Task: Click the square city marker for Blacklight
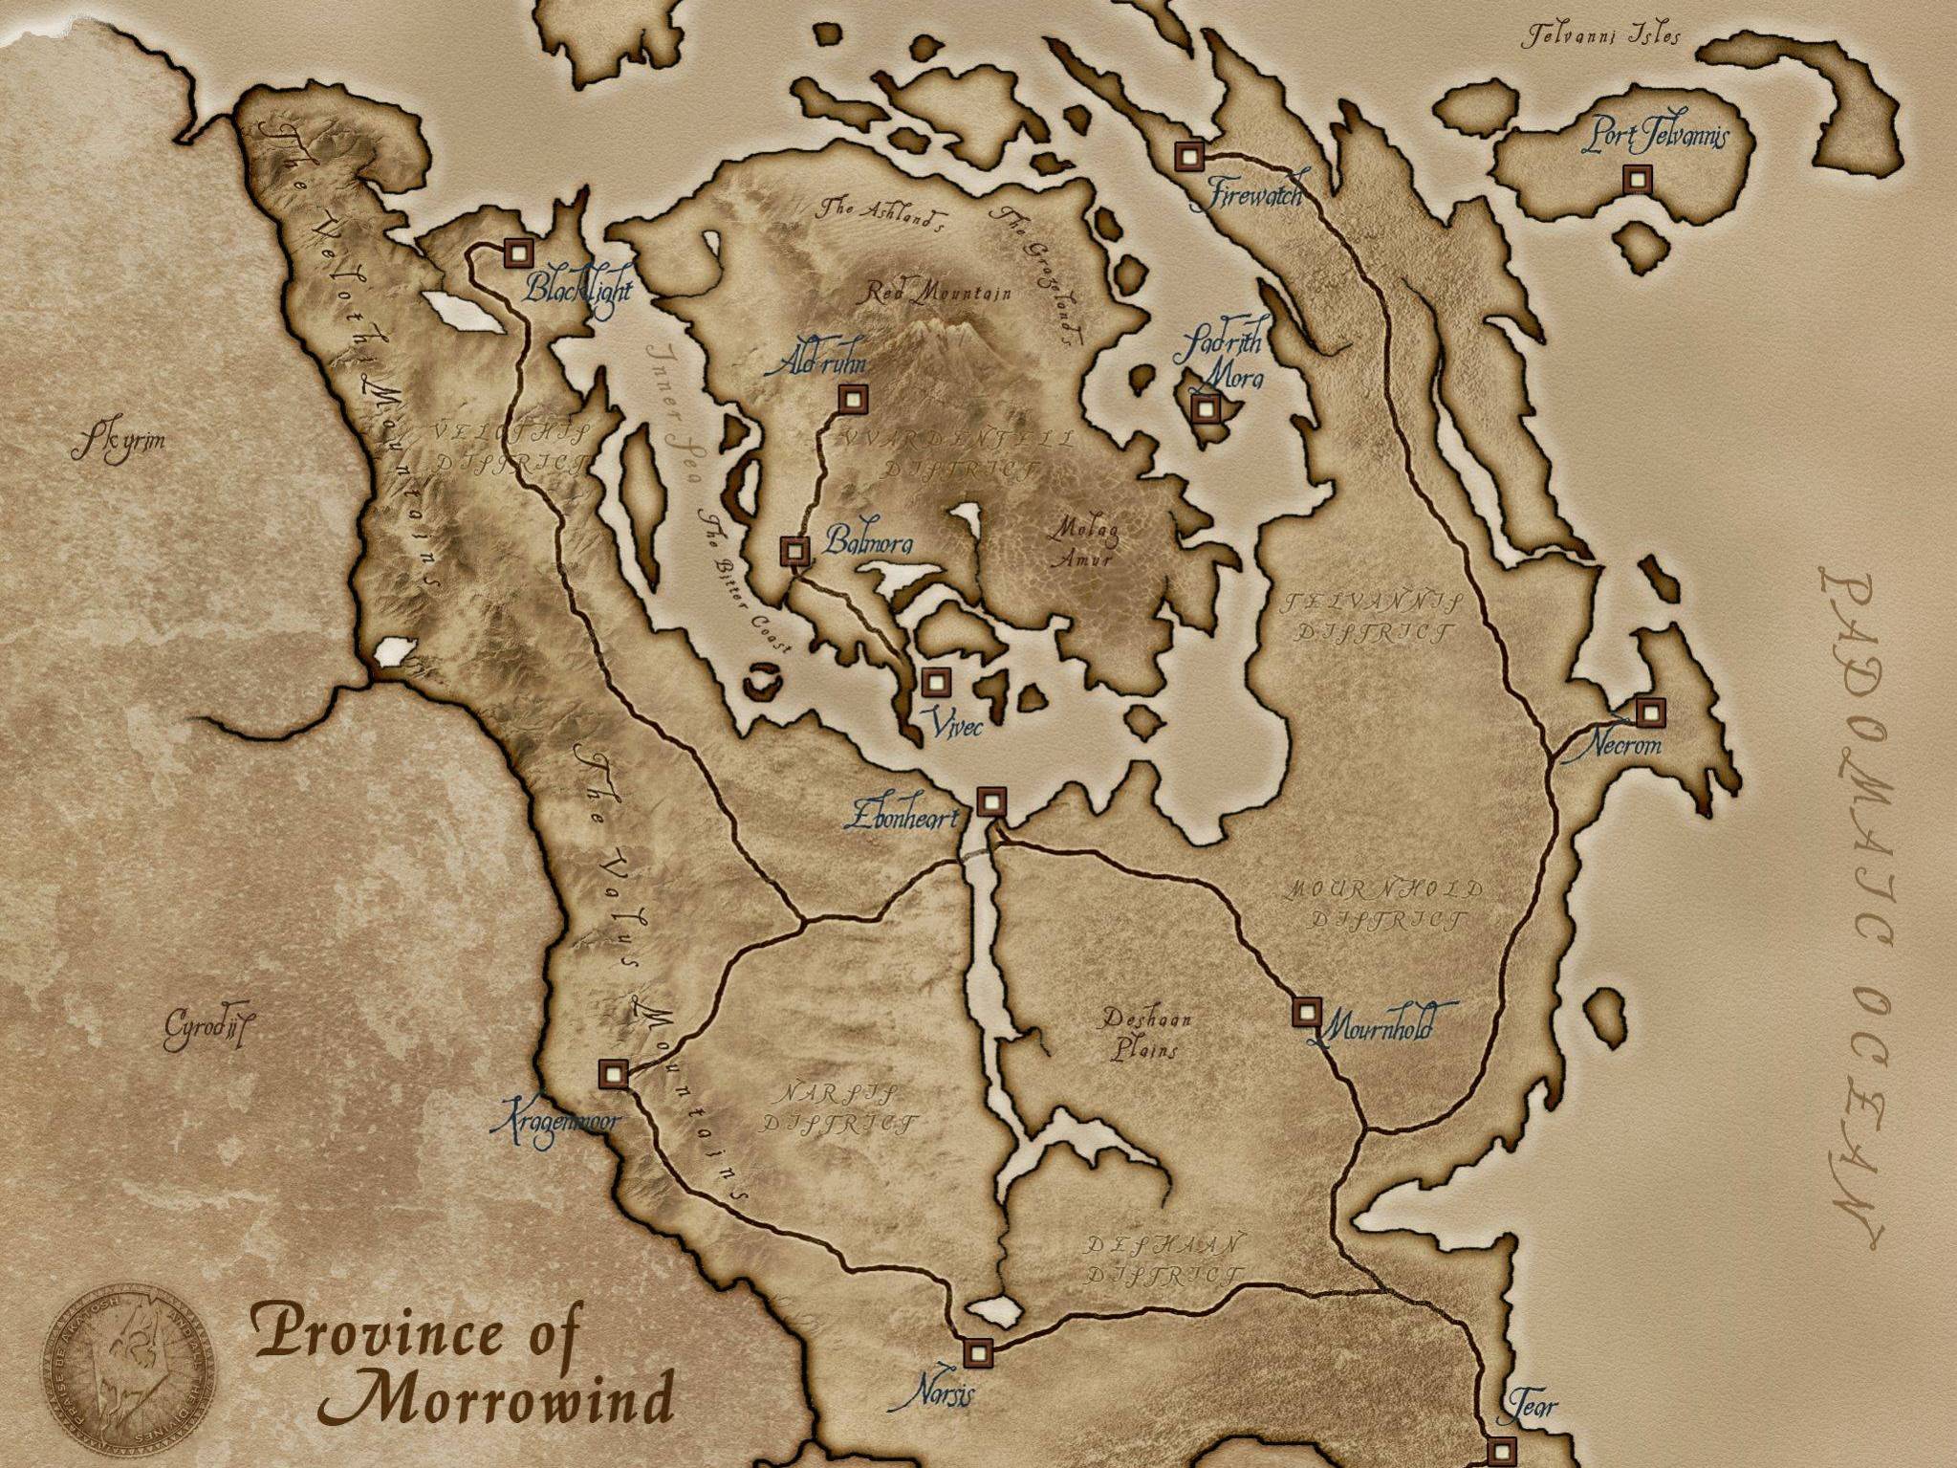click(518, 253)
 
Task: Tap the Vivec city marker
click(936, 682)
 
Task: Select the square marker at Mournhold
click(1307, 1012)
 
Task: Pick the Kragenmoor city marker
click(613, 1074)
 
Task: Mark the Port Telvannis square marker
click(1638, 179)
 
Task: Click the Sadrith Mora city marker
click(1205, 408)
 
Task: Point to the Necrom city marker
click(1650, 712)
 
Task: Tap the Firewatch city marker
click(1189, 156)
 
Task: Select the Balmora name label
click(868, 544)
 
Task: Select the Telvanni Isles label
click(1600, 37)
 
